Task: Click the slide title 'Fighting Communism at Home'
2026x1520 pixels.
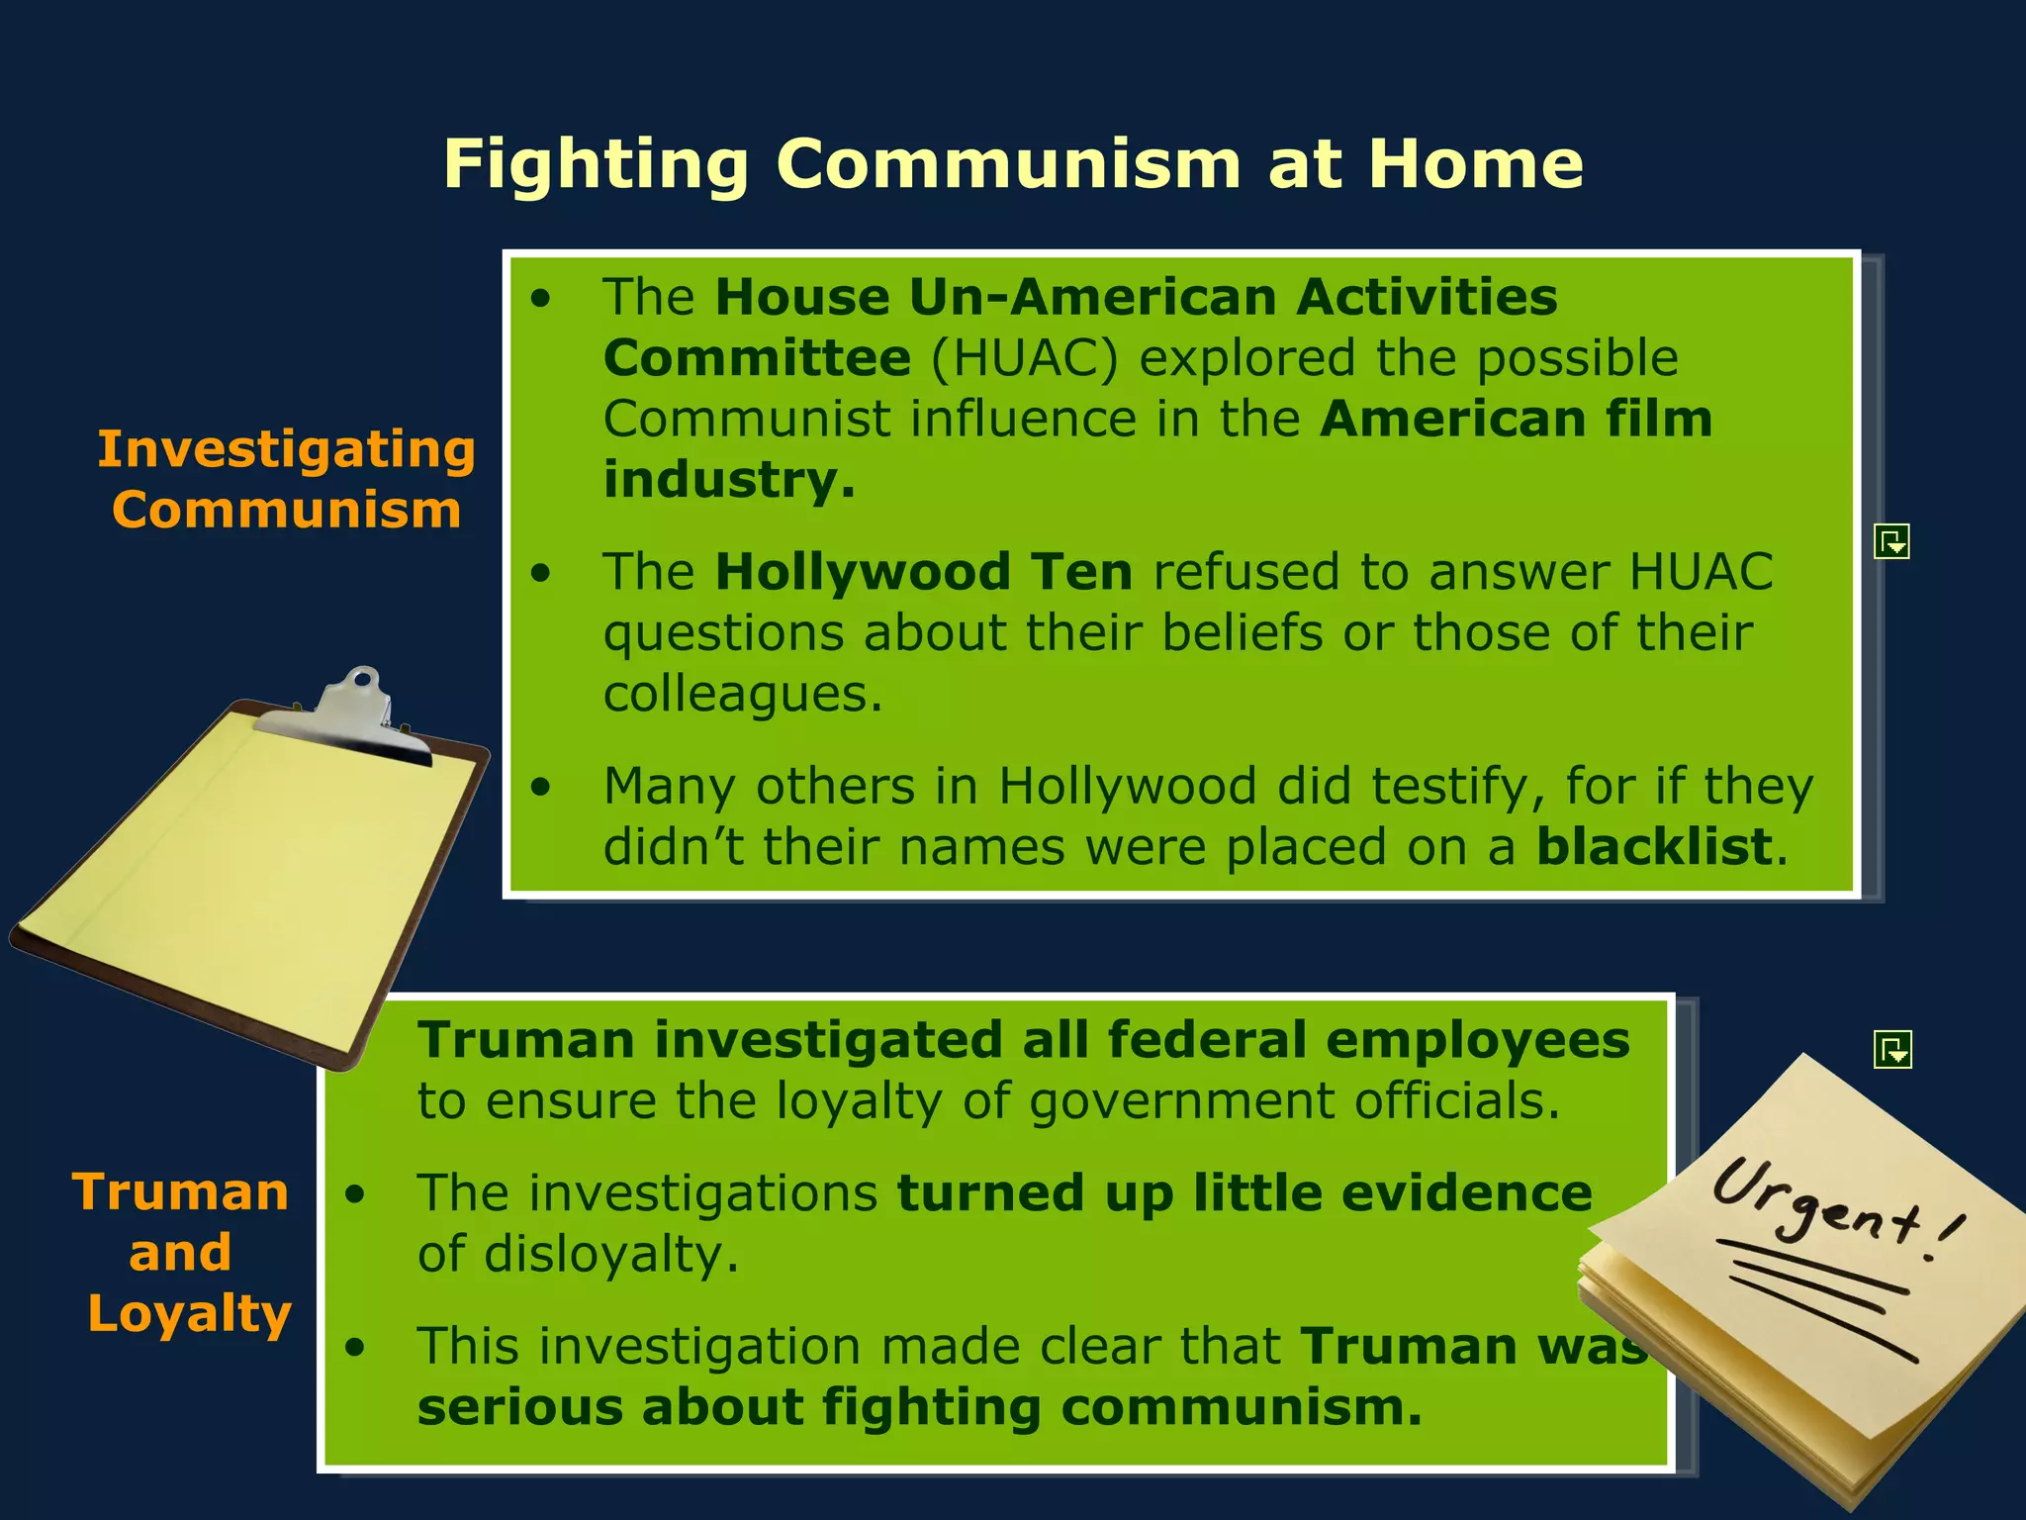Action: point(1013,163)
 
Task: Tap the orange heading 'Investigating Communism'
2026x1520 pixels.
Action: point(286,479)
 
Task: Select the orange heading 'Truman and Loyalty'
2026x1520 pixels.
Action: point(183,1253)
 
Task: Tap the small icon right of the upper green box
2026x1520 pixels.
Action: point(1891,541)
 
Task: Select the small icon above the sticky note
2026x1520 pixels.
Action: point(1892,1049)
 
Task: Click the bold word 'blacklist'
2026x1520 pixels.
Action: point(1653,847)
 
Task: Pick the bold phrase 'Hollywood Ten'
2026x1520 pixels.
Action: point(924,572)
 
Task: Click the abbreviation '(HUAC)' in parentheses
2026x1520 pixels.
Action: point(1024,358)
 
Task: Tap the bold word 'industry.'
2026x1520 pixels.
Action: point(729,480)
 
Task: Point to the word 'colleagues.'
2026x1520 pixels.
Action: point(742,694)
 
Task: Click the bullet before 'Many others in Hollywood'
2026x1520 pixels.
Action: point(540,788)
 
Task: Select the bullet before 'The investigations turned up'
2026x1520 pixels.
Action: point(355,1194)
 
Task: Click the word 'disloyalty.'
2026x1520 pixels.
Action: point(578,1255)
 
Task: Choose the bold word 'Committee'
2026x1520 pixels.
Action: point(757,358)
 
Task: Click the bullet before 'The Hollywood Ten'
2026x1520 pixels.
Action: point(540,573)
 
